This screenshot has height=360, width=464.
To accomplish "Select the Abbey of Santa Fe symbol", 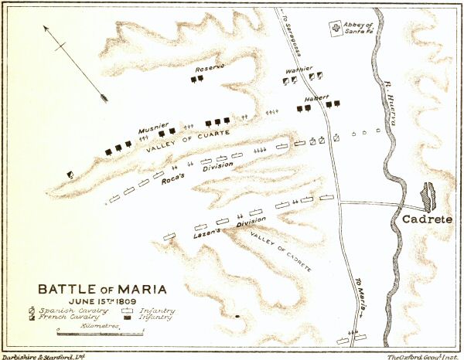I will pyautogui.click(x=336, y=29).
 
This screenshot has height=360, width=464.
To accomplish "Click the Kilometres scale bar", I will pyautogui.click(x=101, y=332).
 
